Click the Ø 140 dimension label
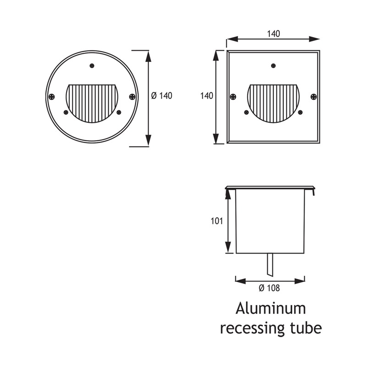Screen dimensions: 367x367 (161, 96)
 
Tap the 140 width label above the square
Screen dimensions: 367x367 (273, 33)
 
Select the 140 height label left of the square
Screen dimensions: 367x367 (207, 96)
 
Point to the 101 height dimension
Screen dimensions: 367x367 (217, 221)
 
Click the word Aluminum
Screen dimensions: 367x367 (270, 308)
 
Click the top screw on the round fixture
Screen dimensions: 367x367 (92, 66)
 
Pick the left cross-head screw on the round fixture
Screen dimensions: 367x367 (52, 96)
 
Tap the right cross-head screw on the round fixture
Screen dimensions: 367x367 (132, 96)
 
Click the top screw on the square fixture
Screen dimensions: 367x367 (273, 66)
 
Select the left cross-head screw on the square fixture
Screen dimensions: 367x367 (233, 96)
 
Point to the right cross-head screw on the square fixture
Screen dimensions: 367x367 (313, 96)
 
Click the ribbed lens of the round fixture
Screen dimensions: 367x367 (92, 102)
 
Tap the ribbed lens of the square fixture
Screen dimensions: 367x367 (273, 102)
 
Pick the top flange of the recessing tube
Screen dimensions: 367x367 (270, 188)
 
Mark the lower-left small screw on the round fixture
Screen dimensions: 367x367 (66, 112)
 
